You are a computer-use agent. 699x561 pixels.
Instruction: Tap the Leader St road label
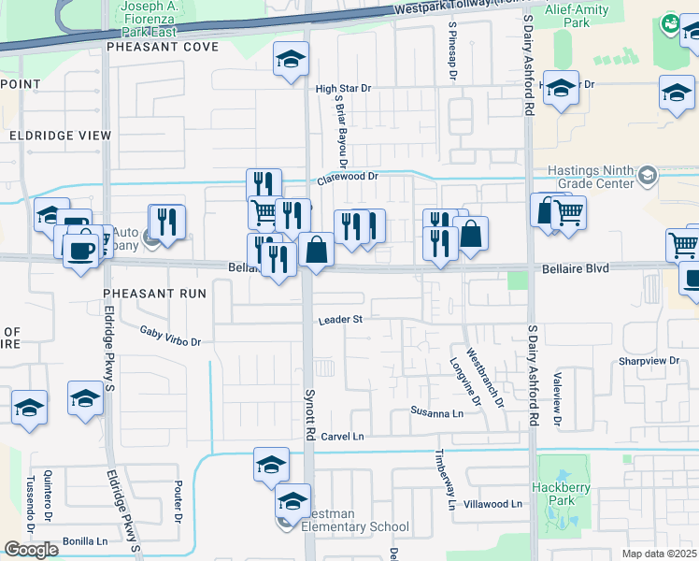(339, 320)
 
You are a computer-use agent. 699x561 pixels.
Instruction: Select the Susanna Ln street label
(437, 412)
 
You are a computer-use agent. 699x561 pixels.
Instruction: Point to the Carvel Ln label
(341, 437)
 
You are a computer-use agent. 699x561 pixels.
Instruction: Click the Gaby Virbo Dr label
(170, 336)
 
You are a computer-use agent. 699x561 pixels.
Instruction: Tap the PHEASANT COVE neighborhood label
(163, 46)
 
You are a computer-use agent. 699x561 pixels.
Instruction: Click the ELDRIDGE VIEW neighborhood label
(60, 136)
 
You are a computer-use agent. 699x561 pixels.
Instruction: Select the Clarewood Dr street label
(348, 175)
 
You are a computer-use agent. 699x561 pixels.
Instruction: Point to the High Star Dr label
(343, 89)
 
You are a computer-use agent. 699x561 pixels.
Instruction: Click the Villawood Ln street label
(492, 504)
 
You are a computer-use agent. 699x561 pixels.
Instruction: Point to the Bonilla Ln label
(85, 541)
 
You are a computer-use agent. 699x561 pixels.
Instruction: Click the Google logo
(31, 550)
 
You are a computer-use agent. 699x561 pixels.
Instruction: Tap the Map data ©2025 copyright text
(658, 554)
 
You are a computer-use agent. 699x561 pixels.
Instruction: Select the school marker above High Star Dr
(291, 60)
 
